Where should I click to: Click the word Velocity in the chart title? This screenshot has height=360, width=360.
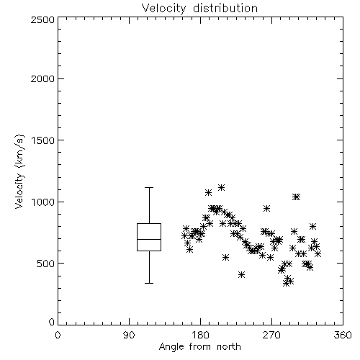pyautogui.click(x=164, y=9)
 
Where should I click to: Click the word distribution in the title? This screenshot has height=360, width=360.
pyautogui.click(x=225, y=8)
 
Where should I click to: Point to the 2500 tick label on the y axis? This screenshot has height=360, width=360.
pyautogui.click(x=42, y=19)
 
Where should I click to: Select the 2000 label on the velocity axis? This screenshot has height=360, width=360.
pyautogui.click(x=42, y=78)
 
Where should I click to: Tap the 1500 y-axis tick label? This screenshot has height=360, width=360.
pyautogui.click(x=43, y=140)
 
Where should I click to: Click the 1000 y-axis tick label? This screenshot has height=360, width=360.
pyautogui.click(x=43, y=202)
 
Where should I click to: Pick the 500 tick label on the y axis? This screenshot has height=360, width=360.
pyautogui.click(x=46, y=264)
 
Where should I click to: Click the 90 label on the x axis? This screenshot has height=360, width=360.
pyautogui.click(x=129, y=335)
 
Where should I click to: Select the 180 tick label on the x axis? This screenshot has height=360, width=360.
pyautogui.click(x=200, y=335)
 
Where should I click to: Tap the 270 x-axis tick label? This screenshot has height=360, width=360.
pyautogui.click(x=271, y=335)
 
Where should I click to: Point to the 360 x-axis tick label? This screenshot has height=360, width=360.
pyautogui.click(x=343, y=335)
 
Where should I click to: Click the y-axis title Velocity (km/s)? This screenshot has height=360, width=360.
pyautogui.click(x=19, y=171)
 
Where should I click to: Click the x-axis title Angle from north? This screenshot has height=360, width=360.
pyautogui.click(x=199, y=347)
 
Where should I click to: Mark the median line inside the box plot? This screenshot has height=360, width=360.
pyautogui.click(x=149, y=239)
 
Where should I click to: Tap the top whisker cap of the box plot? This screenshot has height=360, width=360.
pyautogui.click(x=149, y=187)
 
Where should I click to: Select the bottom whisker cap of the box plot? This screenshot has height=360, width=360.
pyautogui.click(x=149, y=283)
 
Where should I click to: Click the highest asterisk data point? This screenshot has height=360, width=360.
pyautogui.click(x=221, y=187)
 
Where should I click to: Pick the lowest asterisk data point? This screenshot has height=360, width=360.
pyautogui.click(x=286, y=283)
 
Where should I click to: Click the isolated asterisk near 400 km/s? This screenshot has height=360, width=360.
pyautogui.click(x=242, y=274)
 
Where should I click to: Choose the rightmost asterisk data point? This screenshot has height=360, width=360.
pyautogui.click(x=318, y=253)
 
